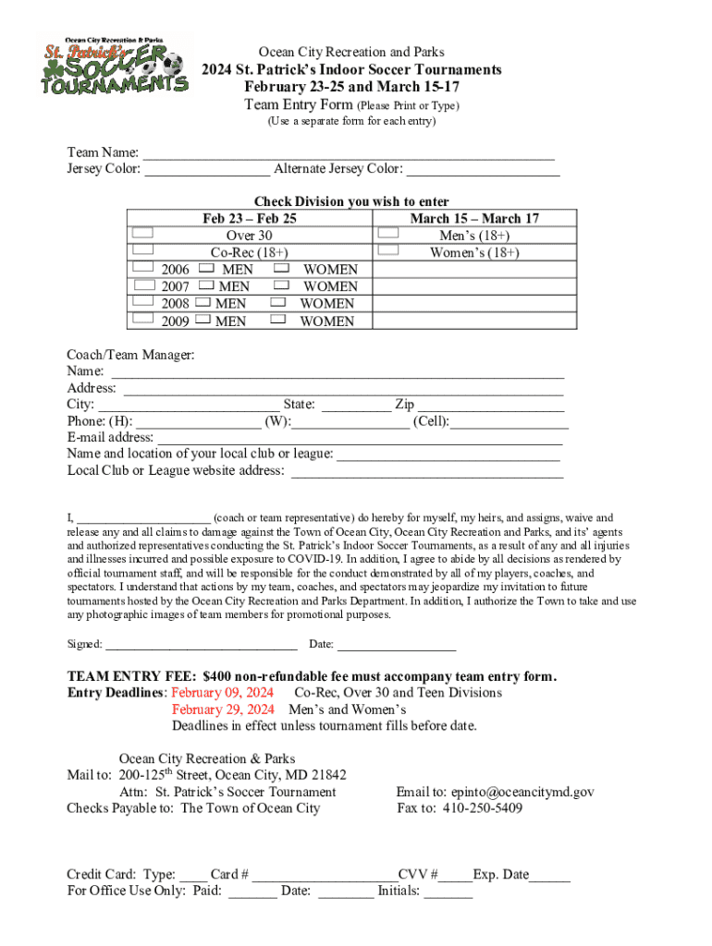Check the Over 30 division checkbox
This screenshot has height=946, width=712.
pos(142,233)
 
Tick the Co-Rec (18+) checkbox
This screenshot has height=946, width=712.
pos(142,249)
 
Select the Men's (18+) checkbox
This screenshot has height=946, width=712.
pos(389,233)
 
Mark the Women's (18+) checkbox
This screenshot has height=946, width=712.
pos(389,249)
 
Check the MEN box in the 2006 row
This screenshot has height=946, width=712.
pos(207,268)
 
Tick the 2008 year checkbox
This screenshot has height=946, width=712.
pos(142,301)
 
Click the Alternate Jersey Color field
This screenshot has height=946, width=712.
pos(483,170)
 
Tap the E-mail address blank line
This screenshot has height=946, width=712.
pos(360,438)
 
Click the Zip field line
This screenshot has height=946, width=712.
pos(491,405)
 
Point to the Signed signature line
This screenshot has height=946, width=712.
pos(202,645)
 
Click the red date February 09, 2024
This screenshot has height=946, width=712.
pos(222,692)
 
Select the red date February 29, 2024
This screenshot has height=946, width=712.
pos(223,709)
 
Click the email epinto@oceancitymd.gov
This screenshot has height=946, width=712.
pos(522,792)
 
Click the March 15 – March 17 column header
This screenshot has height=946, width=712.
pos(474,218)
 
